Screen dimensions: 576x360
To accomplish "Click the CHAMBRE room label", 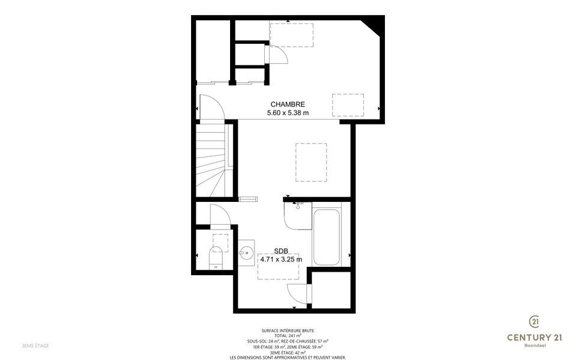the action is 288,105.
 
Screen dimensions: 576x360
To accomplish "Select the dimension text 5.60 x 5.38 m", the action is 288,113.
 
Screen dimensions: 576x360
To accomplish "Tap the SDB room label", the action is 281,251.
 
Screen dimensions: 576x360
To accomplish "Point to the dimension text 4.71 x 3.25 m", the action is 281,259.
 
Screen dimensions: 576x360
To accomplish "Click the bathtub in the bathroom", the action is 327,237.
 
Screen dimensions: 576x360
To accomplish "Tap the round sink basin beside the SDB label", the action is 246,252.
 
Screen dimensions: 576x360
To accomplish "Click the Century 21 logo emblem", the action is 534,322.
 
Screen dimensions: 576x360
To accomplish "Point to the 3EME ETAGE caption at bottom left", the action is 35,346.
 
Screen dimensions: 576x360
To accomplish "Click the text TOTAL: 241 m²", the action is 288,335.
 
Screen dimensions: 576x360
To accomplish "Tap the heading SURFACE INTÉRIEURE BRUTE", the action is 288,331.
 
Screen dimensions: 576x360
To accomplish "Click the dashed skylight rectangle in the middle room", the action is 311,162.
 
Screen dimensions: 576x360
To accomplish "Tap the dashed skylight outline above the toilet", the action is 220,242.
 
